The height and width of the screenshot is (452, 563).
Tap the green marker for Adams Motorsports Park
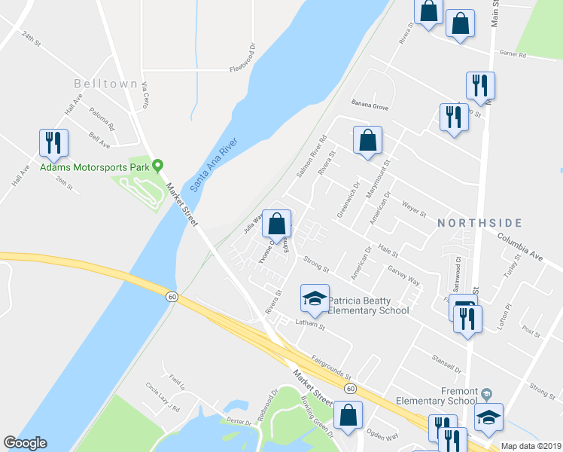[157, 165]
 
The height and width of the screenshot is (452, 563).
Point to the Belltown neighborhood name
[105, 84]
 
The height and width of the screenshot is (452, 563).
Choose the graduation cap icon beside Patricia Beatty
[315, 298]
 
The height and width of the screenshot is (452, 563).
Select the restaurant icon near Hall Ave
[53, 142]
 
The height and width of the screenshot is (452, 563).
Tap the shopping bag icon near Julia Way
[277, 223]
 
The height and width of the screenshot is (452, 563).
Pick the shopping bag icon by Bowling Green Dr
[348, 415]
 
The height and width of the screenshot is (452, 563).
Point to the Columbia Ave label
[519, 246]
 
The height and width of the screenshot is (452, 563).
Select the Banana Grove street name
[370, 107]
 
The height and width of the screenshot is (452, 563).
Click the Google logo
[26, 443]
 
